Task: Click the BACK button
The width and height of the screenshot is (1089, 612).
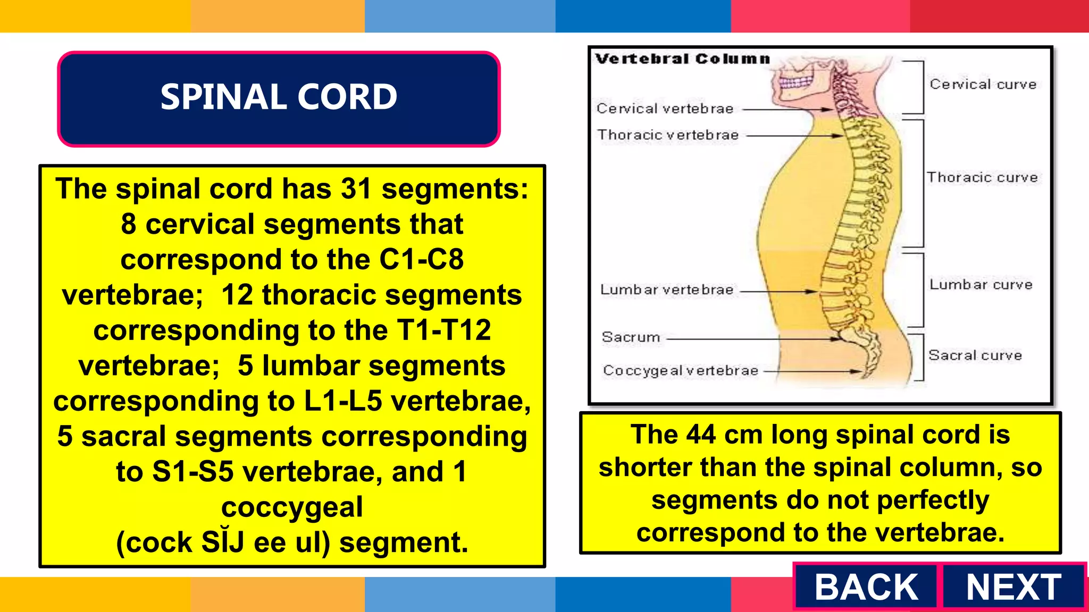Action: coord(866,587)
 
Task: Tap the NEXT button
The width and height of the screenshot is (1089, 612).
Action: coord(1013,587)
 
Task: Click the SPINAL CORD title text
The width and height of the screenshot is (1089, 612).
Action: coord(279,97)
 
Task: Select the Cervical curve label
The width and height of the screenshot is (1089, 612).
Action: coord(983,84)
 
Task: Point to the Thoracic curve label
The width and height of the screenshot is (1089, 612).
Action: coord(982,177)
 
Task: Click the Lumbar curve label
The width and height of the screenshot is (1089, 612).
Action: coord(981,285)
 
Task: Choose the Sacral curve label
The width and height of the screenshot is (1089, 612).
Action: coord(975,355)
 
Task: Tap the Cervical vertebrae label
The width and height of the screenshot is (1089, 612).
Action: coord(665,109)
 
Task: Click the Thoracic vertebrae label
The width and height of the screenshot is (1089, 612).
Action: coord(667,135)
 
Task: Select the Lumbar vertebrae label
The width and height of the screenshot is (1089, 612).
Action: coord(666,290)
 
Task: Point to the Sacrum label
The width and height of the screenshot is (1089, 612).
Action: coord(631,337)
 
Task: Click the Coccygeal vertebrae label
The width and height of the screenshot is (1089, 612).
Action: coord(680,370)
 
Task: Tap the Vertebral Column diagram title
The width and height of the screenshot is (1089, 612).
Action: coord(682,59)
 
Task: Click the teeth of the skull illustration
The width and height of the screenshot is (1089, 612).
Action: coord(795,83)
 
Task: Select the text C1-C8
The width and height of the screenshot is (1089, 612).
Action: coord(421,260)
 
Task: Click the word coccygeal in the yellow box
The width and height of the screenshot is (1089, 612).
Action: coord(292,507)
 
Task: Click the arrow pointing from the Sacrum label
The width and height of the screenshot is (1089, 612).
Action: coord(750,338)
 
